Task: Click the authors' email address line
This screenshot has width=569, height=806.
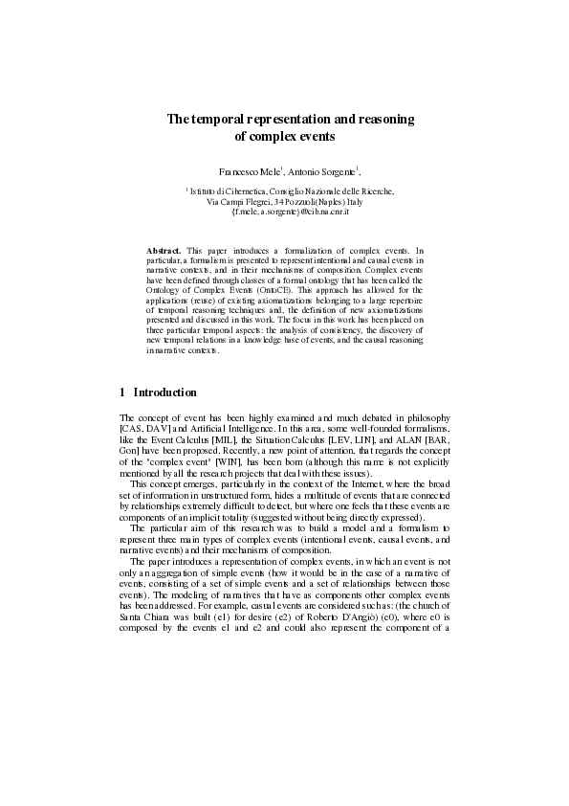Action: coord(285,212)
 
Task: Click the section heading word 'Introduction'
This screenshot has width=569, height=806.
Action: coord(165,392)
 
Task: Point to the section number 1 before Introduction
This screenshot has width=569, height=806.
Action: coord(122,392)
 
